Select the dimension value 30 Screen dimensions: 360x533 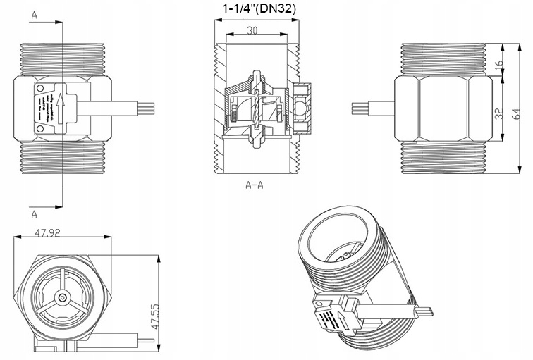(252, 30)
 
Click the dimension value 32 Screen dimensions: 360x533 (499, 115)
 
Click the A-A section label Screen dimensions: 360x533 (254, 186)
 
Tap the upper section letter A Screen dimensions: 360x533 (35, 13)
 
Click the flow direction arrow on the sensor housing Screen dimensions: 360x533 (61, 108)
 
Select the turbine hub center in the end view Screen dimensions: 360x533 (64, 299)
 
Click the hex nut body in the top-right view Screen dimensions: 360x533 (442, 108)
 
